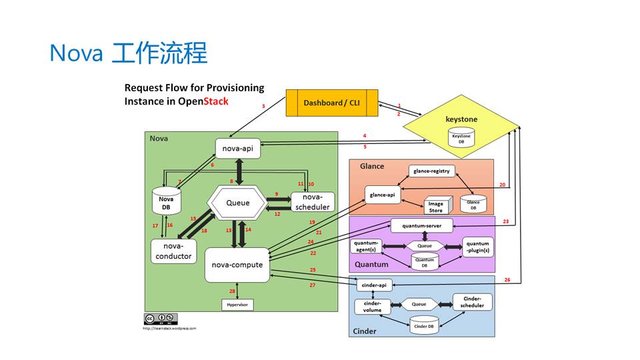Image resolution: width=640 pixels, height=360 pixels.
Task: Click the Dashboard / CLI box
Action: (333, 103)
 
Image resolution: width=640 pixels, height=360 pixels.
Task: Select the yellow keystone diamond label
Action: (461, 119)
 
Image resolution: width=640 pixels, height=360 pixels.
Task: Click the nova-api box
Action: (237, 149)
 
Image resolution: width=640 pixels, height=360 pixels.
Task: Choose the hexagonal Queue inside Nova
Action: (237, 203)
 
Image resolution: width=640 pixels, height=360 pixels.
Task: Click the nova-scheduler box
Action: (312, 202)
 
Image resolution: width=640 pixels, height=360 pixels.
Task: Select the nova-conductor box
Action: (173, 251)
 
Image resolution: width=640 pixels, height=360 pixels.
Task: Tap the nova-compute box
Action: (237, 265)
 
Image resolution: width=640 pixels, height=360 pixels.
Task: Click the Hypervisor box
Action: (238, 305)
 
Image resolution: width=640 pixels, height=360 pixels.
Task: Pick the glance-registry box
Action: (431, 171)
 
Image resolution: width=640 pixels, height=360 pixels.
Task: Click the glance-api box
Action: (383, 195)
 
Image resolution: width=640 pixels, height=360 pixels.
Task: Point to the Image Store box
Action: (435, 207)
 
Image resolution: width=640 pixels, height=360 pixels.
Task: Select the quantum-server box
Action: (421, 226)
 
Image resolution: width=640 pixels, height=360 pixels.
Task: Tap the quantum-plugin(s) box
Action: (477, 247)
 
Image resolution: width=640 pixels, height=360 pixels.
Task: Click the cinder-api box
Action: (373, 285)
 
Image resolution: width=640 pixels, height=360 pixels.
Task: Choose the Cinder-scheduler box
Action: (473, 302)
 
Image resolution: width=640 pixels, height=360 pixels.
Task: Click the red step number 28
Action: (233, 291)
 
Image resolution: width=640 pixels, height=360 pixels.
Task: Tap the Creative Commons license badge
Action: (161, 319)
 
